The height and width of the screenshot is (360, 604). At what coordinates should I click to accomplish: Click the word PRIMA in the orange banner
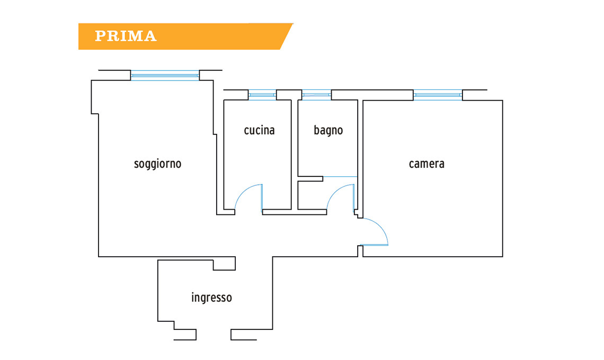click(126, 36)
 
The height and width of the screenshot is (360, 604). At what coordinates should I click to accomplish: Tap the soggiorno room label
click(157, 164)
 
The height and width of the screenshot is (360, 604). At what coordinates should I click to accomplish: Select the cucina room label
click(259, 130)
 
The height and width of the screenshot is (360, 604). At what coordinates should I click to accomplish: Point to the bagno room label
click(328, 130)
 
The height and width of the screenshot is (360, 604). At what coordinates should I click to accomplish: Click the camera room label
click(427, 164)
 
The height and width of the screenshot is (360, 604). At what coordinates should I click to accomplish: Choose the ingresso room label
click(211, 298)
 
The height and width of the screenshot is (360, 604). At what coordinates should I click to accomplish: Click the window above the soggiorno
click(165, 76)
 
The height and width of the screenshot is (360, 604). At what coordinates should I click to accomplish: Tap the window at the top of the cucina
click(262, 95)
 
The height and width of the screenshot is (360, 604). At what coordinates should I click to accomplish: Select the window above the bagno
click(316, 95)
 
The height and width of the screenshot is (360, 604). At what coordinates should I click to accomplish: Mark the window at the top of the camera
click(438, 95)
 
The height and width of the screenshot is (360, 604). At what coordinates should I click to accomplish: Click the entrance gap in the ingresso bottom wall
click(214, 335)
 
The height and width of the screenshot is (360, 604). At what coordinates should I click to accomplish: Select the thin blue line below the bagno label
click(340, 176)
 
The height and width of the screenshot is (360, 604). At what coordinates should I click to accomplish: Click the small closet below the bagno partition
click(310, 195)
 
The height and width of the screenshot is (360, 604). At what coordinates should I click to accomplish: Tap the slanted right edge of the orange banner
click(287, 37)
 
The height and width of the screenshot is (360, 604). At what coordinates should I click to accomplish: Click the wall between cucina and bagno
click(295, 154)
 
